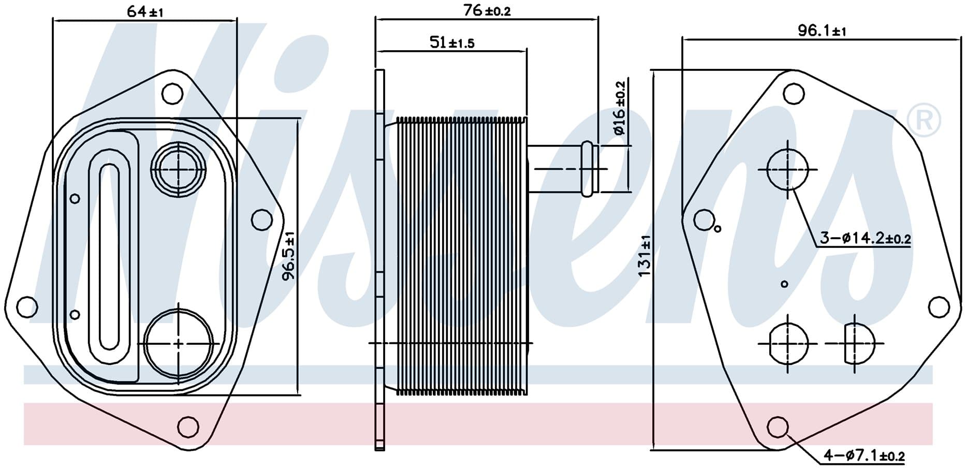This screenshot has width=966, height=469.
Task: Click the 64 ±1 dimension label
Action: pos(145,11)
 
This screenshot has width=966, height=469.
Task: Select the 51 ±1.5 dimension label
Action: pos(451,42)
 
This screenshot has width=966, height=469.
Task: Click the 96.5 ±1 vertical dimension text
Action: pos(288,256)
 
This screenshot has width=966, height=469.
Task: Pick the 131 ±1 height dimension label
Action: pos(645,256)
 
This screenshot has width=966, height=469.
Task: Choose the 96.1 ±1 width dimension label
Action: pos(822,31)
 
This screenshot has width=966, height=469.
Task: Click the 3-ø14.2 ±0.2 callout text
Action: pos(865,239)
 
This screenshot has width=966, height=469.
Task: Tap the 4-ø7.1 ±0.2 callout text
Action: pos(864,456)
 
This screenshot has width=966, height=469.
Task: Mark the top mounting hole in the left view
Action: pos(172,94)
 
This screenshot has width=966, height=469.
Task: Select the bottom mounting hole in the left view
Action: pos(187,427)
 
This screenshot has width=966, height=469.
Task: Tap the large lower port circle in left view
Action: pos(179,343)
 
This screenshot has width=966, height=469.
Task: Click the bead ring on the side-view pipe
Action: pos(588,169)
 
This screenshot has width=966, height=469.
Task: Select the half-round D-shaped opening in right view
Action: pos(857,343)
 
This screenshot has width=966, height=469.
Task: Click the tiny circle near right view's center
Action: pos(784,284)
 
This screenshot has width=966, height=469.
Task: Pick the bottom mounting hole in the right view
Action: pos(778,427)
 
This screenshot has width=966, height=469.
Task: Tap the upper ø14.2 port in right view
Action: pos(787,169)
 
